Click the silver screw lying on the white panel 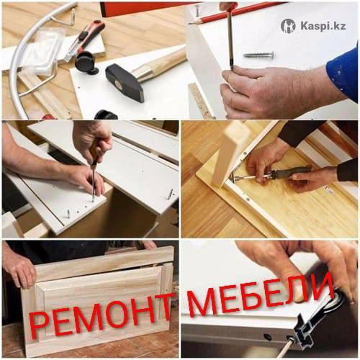pyautogui.click(x=258, y=55)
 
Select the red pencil pyautogui.click(x=238, y=13)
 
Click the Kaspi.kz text pyautogui.click(x=323, y=26)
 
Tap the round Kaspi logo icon pyautogui.click(x=288, y=26)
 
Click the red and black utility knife pyautogui.click(x=84, y=40)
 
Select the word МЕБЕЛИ pyautogui.click(x=261, y=297)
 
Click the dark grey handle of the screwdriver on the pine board pyautogui.click(x=290, y=174)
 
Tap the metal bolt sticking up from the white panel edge pyautogui.click(x=171, y=194)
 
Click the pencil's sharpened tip pyautogui.click(x=191, y=24)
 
